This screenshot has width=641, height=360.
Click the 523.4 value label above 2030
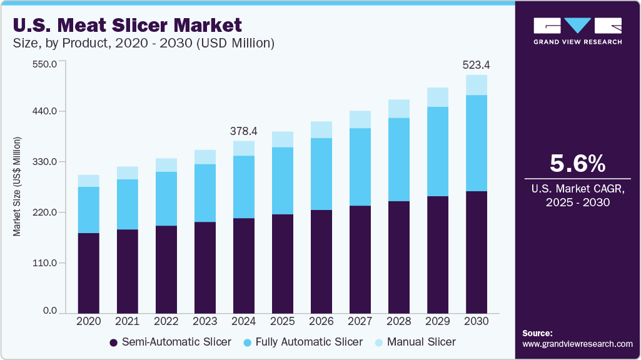coord(476,64)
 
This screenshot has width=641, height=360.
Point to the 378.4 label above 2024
coord(243,131)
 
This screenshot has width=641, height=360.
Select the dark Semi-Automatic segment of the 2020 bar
coord(89,272)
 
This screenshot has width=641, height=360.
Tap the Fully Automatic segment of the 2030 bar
coord(476,143)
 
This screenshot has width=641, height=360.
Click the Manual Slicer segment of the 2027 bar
coord(360,119)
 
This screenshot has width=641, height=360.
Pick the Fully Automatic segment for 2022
coord(166,199)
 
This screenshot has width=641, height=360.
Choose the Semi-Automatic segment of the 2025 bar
coord(282,263)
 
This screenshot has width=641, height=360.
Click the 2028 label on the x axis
coord(398,321)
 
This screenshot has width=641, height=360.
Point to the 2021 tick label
coord(127,321)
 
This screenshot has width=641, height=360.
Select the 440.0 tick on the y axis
coord(45,111)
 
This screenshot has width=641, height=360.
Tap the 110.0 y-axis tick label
coord(45,262)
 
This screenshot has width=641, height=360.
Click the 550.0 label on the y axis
coord(45,64)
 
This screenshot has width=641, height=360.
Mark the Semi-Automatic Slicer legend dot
coord(113,342)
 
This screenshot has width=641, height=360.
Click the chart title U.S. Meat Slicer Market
coord(128,26)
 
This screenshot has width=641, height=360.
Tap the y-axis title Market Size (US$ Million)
coord(18,186)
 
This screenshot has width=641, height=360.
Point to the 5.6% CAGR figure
coord(577,164)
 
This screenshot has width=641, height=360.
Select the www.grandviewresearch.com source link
coord(577,344)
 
